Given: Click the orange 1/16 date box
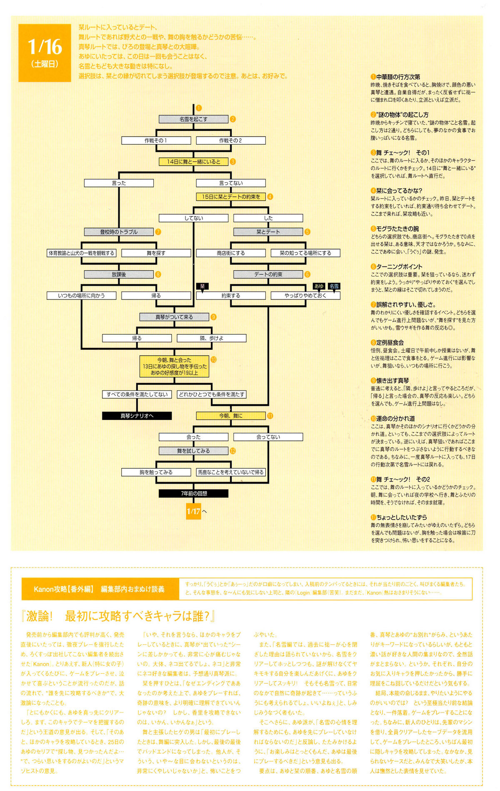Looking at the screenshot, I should click(45, 53).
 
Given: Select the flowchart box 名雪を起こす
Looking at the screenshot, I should click(193, 119).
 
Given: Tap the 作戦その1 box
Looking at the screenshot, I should click(156, 141).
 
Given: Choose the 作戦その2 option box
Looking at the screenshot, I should click(230, 141).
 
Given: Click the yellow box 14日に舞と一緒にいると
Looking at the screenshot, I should click(193, 162).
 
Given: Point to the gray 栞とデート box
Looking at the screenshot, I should click(268, 232).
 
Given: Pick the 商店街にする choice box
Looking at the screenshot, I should click(230, 253).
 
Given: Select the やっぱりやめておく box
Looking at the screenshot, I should click(305, 296).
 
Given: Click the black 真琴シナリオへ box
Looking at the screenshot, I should click(137, 416).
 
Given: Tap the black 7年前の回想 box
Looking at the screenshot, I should click(193, 494).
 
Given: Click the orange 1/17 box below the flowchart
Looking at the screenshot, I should click(193, 511).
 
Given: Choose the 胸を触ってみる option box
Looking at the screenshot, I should click(156, 472).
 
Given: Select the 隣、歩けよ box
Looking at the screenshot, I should click(211, 338).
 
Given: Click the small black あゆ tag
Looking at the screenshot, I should click(319, 286).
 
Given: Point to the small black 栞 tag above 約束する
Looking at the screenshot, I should click(202, 286).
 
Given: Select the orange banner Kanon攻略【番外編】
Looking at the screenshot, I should click(99, 589).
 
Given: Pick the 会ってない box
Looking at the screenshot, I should click(268, 437).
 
